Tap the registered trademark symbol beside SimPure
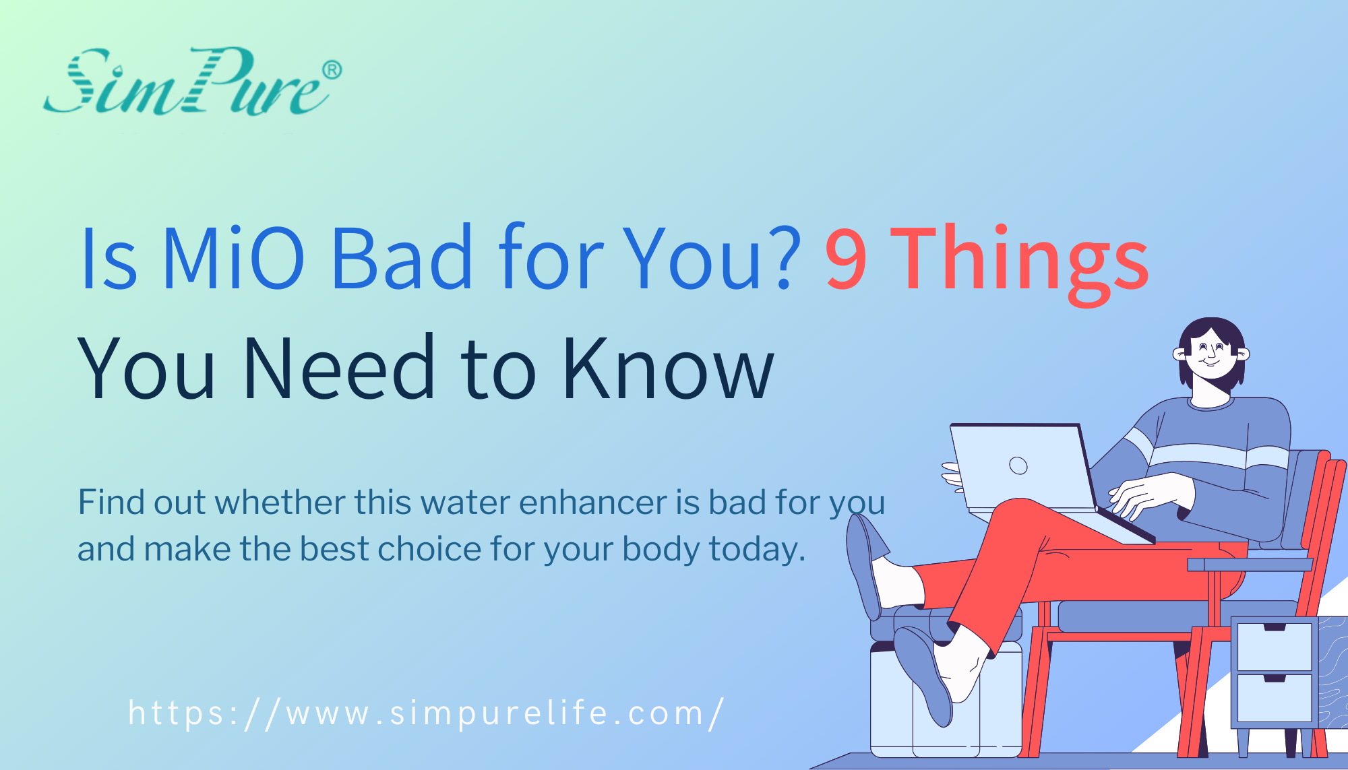pos(332,70)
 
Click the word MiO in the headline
pos(233,259)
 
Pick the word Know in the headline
pos(668,368)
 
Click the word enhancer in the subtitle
pos(593,503)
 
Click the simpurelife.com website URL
pos(426,713)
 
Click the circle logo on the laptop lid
pos(1018,466)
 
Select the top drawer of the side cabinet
pos(1274,647)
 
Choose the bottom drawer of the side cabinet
pos(1274,697)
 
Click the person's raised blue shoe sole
pos(863,566)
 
